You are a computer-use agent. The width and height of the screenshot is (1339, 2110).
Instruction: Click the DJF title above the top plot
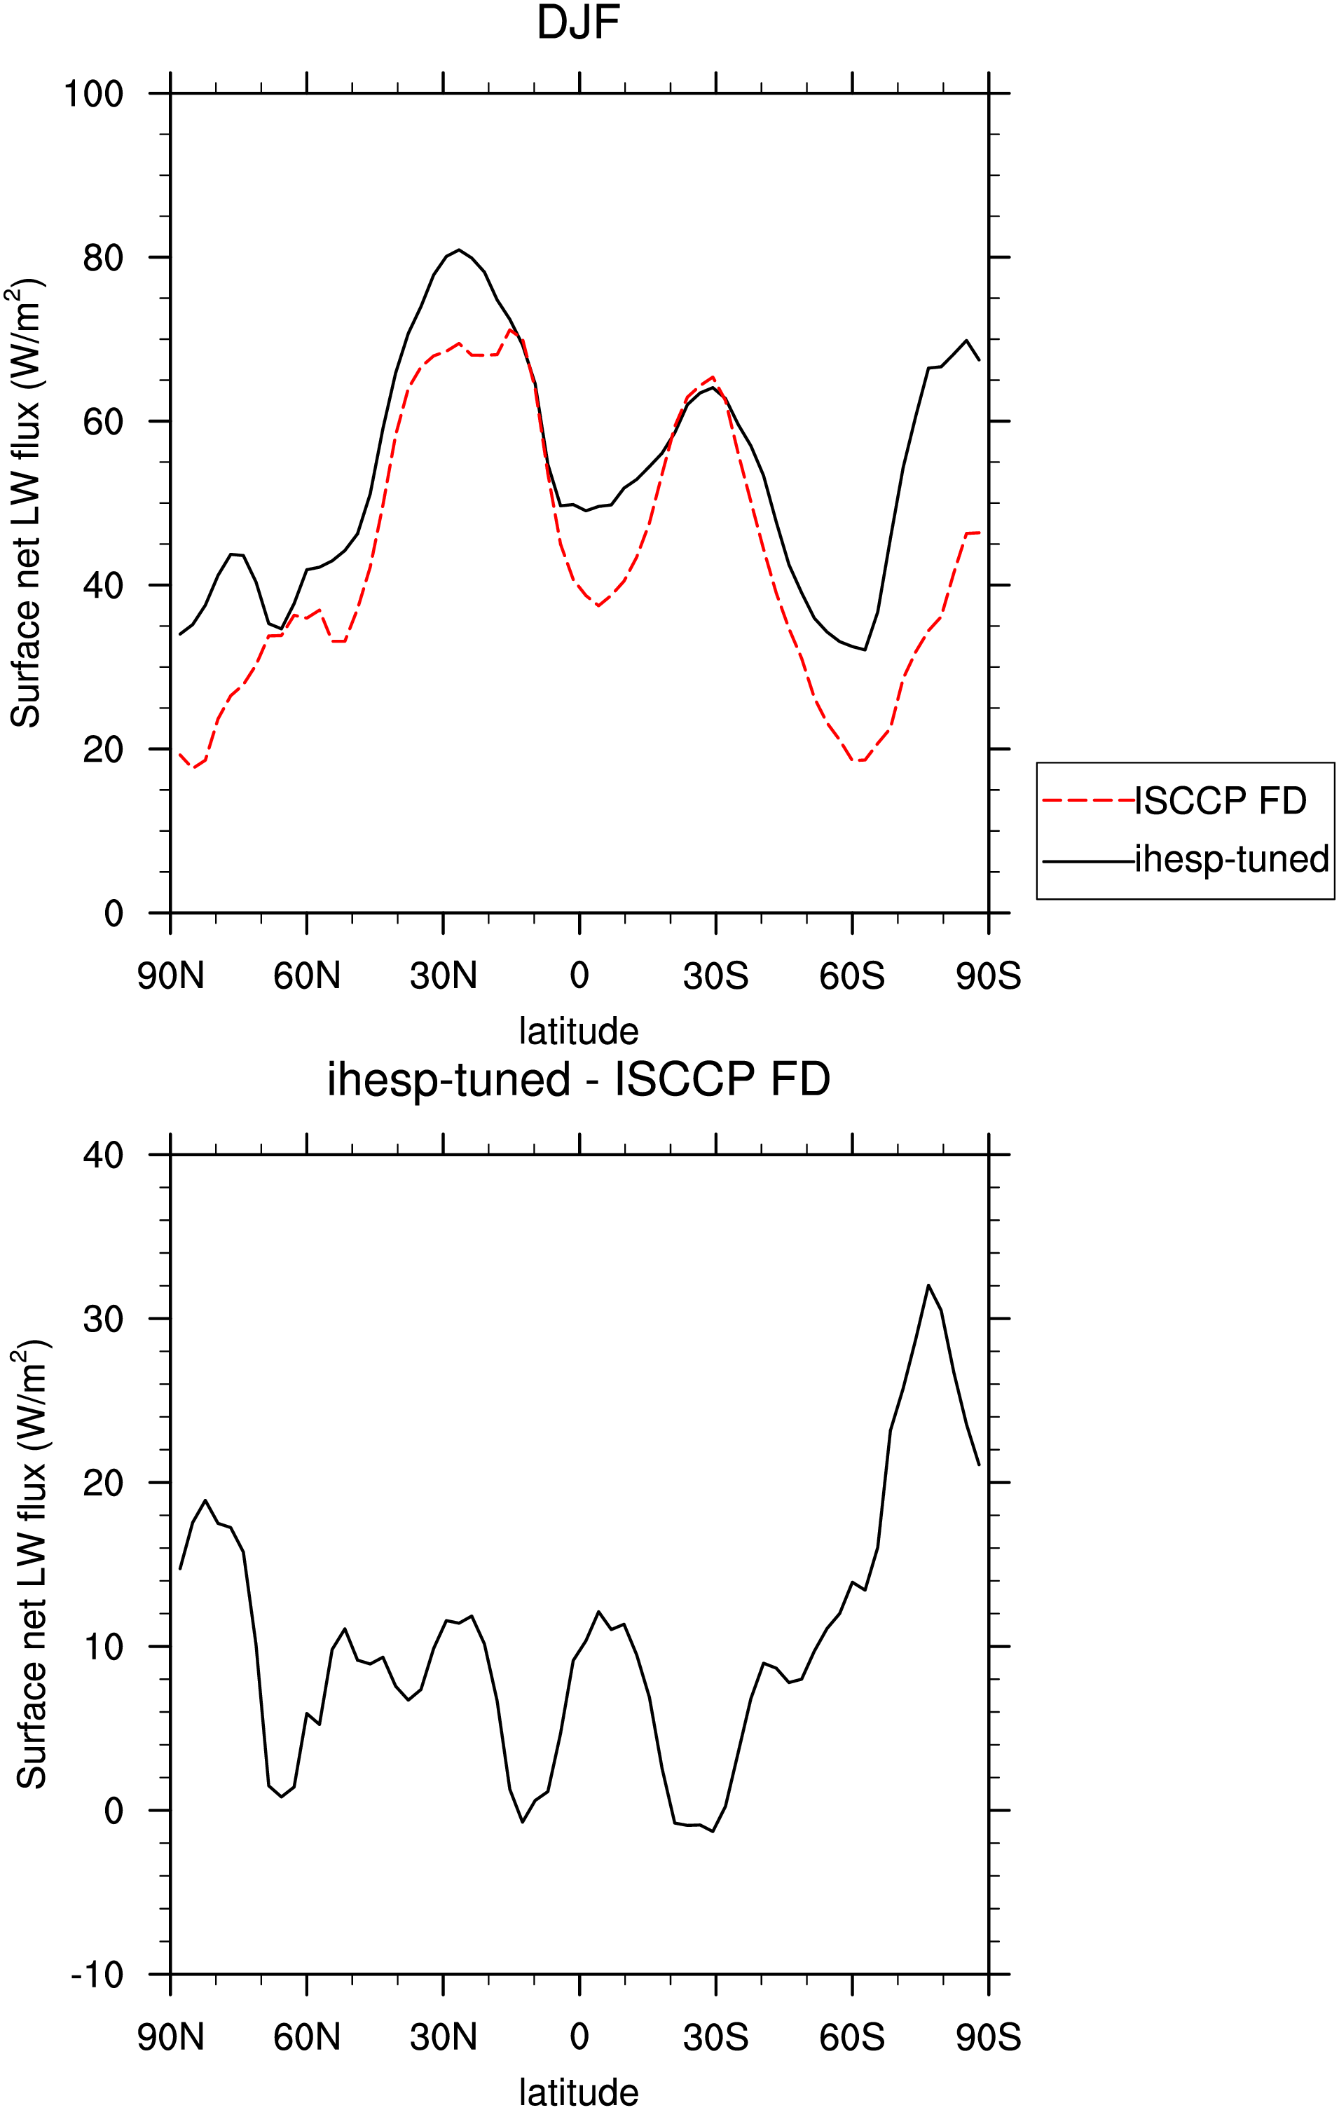pos(578,23)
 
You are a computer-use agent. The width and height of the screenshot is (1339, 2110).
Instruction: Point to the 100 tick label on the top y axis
pos(94,94)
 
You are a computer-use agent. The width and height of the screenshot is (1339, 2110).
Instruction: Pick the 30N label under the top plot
pos(444,975)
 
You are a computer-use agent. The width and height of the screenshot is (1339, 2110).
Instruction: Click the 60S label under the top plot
pos(852,975)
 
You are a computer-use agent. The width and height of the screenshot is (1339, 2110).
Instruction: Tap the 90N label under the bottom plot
pos(171,2037)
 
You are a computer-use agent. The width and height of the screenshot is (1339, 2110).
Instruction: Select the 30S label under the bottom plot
pos(716,2037)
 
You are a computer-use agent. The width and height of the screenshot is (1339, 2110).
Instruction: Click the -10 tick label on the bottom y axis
pos(97,1975)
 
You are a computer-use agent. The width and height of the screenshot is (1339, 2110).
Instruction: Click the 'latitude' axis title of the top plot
pos(578,1030)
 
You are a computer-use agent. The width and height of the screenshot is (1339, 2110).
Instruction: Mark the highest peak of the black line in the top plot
pos(458,249)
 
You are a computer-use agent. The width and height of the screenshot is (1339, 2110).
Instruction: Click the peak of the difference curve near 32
pos(928,1285)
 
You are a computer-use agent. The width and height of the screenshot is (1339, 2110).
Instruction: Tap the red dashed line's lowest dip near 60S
pos(857,760)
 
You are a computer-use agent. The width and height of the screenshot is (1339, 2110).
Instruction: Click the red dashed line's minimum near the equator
pos(598,605)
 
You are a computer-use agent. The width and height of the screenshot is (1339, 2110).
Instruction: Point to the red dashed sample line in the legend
pos(1088,801)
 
